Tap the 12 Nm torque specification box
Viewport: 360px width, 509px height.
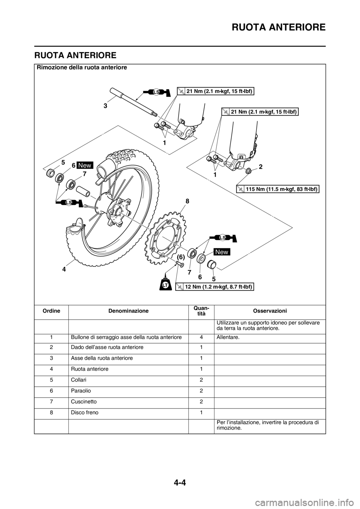tap(214, 287)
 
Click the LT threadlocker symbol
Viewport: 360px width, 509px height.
tap(165, 284)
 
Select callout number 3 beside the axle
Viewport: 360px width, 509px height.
tap(105, 106)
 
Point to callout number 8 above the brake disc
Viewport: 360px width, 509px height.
tap(187, 201)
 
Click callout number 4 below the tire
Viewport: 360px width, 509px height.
tap(64, 269)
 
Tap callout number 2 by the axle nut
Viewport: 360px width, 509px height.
tap(261, 167)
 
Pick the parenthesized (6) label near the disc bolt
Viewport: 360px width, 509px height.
tap(180, 257)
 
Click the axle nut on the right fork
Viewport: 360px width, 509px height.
tap(248, 170)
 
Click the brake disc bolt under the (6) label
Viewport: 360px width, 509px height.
tap(180, 264)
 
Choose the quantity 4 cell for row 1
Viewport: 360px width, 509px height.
tap(201, 337)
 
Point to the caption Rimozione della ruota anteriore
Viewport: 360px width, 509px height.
tap(82, 67)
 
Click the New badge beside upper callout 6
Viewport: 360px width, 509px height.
tap(85, 165)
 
